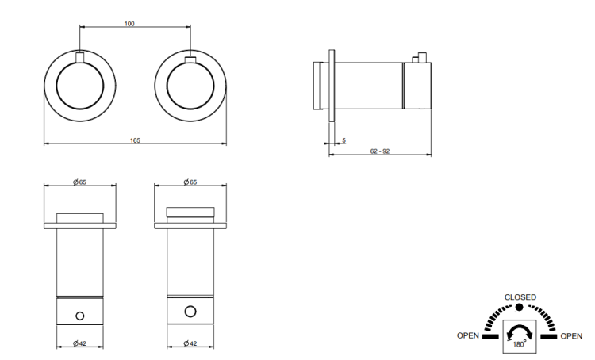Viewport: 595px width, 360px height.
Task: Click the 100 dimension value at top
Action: pos(129,24)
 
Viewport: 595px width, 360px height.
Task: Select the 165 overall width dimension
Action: pos(135,140)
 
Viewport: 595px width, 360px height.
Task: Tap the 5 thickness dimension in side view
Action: pos(344,140)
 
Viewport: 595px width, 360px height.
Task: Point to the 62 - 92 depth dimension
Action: pos(380,151)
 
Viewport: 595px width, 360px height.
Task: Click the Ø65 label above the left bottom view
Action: pos(79,182)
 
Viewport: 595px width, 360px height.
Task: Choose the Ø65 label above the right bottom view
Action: pos(190,182)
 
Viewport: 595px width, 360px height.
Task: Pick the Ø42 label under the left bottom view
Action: pos(79,343)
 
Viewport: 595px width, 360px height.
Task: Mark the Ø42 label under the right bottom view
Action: pos(190,343)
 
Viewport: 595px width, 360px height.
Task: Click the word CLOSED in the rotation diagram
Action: pos(520,297)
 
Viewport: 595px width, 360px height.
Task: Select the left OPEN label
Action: pos(468,335)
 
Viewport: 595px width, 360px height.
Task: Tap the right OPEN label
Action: pos(571,336)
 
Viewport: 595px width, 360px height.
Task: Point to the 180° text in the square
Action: pos(520,344)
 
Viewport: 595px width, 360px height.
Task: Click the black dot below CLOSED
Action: pos(519,308)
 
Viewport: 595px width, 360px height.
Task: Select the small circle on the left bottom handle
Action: pos(79,316)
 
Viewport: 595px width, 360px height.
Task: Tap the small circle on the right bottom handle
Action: pos(190,312)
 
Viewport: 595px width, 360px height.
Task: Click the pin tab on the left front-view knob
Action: pos(79,57)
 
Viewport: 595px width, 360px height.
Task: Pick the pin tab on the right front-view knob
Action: pos(190,59)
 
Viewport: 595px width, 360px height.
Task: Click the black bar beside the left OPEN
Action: pos(490,336)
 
